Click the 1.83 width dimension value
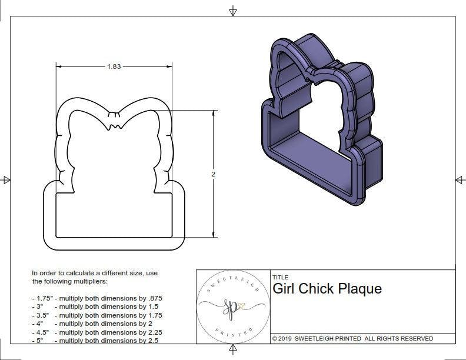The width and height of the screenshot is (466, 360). [x=114, y=66]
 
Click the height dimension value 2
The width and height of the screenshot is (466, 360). [x=213, y=174]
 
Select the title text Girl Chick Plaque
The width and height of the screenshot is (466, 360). [x=327, y=289]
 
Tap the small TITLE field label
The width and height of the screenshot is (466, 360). [x=281, y=277]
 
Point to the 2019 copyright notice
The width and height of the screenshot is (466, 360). [x=352, y=338]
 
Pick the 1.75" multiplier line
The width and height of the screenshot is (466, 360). [x=96, y=298]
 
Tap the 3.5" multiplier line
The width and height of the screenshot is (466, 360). [x=96, y=315]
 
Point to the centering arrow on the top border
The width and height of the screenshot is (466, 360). [x=234, y=11]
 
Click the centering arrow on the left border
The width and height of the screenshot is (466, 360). [x=6, y=180]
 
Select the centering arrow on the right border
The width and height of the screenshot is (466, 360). [x=460, y=180]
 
